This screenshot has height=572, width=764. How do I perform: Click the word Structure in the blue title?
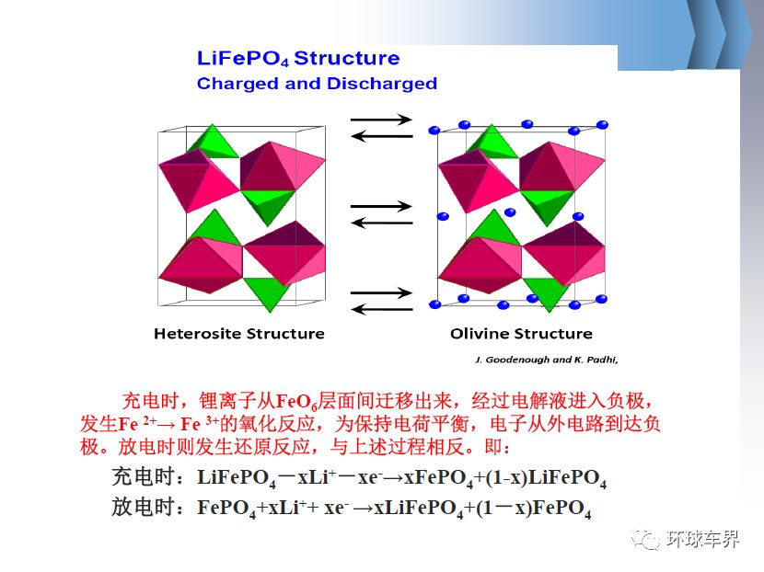tap(347, 59)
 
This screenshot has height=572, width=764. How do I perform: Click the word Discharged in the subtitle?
tap(382, 84)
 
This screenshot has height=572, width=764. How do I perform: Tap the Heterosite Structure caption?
tap(239, 334)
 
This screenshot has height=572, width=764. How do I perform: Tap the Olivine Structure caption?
tap(521, 334)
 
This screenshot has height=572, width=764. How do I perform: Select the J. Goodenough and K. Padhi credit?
tap(547, 360)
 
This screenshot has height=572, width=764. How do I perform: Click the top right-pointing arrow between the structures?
tap(381, 120)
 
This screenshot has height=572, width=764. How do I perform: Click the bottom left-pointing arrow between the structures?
tap(381, 309)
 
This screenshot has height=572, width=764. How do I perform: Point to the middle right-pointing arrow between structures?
tap(381, 206)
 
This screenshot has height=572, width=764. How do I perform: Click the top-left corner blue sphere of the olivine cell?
tap(434, 130)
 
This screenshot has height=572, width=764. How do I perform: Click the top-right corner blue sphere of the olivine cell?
tap(602, 125)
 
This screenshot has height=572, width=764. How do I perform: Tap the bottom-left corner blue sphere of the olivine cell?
tap(434, 304)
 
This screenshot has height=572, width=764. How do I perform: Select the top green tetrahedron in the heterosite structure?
tap(213, 142)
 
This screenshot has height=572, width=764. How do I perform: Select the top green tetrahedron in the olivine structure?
tap(492, 142)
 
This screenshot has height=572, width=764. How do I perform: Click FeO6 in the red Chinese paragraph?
tap(296, 402)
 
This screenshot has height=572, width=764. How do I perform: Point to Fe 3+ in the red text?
tap(200, 424)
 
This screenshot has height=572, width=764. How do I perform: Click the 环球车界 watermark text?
tap(702, 539)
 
